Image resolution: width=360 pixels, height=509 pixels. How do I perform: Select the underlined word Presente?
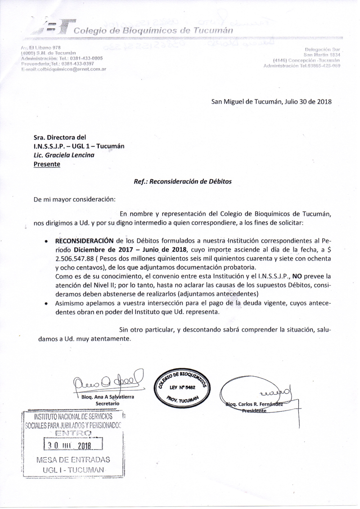click(47, 164)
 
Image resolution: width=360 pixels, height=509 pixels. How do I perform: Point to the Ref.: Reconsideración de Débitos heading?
click(183, 182)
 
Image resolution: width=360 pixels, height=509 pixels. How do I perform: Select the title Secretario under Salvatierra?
click(107, 404)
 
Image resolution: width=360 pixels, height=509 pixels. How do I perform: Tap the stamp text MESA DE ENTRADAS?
click(73, 460)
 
